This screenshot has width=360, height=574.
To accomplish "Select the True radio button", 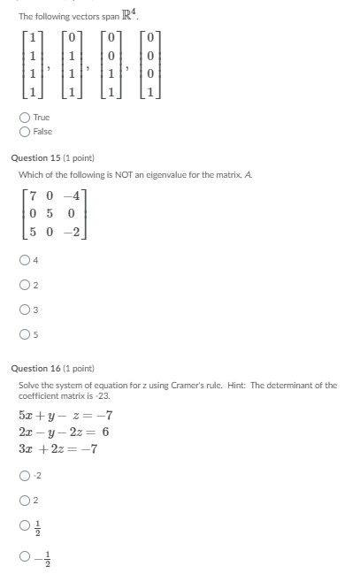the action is (x=24, y=117).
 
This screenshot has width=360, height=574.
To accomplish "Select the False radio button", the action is (x=24, y=131).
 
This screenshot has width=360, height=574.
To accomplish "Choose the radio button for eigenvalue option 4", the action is (x=24, y=260).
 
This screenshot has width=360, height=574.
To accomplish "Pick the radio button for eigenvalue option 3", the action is (x=24, y=310).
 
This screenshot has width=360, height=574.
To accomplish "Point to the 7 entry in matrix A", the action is (x=33, y=194).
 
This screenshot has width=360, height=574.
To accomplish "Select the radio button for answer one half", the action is (x=24, y=527).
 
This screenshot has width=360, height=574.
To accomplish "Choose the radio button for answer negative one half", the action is (x=24, y=555).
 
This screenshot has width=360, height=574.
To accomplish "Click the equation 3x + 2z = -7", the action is (x=57, y=448).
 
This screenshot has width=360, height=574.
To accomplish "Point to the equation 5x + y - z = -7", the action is (x=65, y=416).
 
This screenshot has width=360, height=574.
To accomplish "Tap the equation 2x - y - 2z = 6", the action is (x=64, y=432).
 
